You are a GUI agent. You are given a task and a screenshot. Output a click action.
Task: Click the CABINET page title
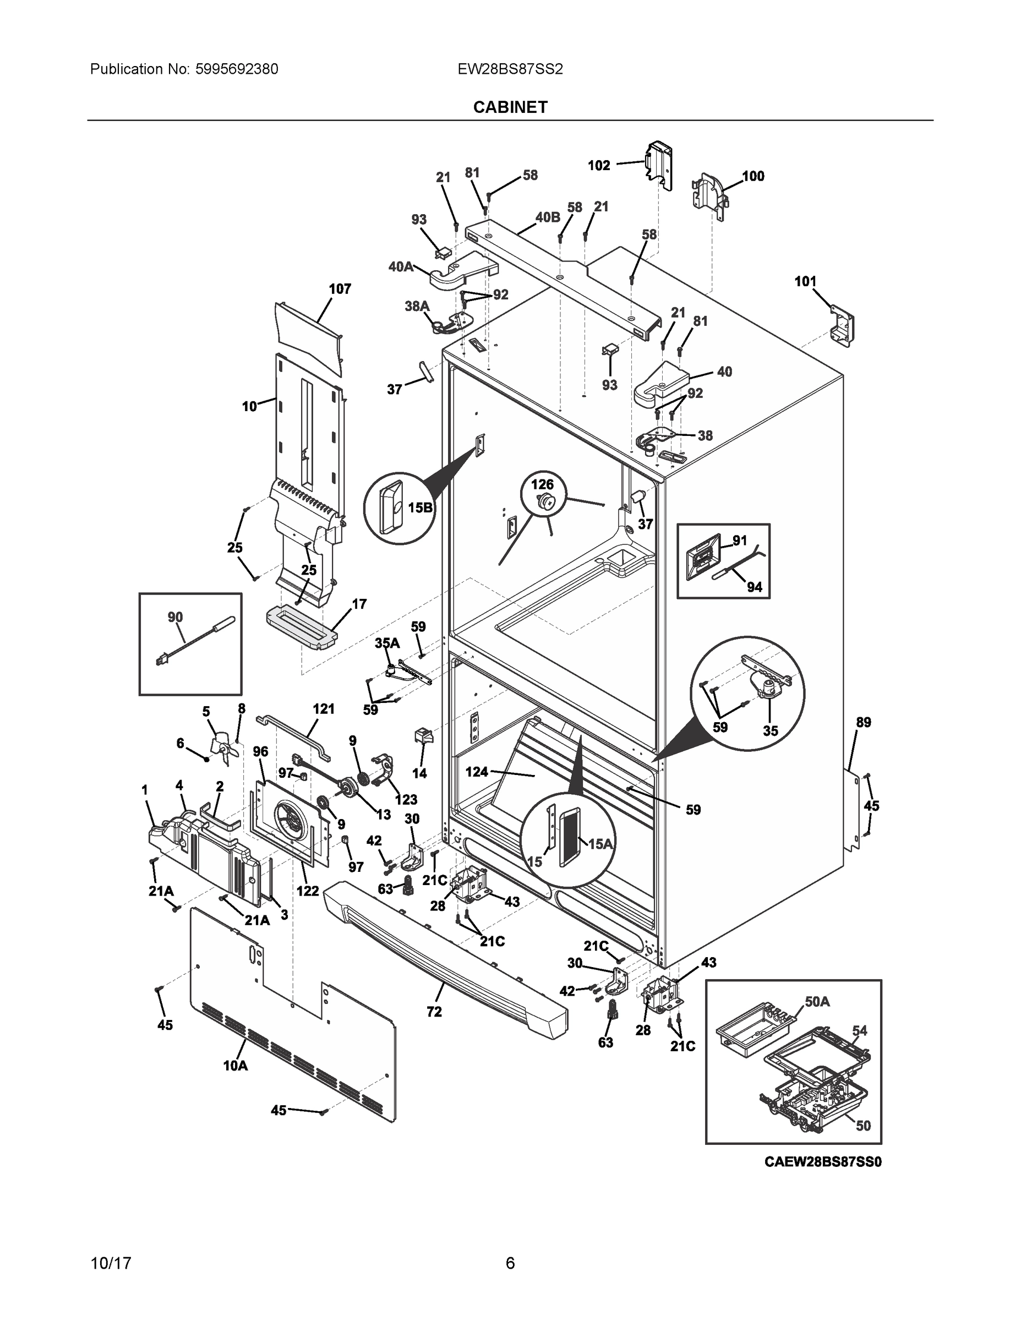click(510, 107)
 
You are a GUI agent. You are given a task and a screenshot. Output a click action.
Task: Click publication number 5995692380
click(237, 69)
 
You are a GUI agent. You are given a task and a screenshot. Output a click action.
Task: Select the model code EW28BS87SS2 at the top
click(510, 69)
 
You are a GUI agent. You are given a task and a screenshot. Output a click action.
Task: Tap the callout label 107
click(340, 289)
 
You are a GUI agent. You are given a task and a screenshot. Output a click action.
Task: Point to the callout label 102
click(599, 165)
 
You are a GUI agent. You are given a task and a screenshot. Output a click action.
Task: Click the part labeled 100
click(709, 195)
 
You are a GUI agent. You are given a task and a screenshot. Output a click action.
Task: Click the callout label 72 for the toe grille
click(434, 1012)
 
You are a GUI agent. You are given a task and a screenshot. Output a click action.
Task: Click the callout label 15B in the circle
click(420, 507)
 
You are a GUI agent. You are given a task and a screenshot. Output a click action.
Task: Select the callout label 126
click(542, 484)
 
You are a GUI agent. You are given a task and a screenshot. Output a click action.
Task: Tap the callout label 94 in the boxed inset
click(754, 587)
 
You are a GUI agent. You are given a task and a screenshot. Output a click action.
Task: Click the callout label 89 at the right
click(863, 722)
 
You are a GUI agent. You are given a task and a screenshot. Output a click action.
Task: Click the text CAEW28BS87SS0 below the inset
click(823, 1161)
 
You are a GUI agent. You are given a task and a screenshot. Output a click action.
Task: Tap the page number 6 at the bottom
click(510, 1264)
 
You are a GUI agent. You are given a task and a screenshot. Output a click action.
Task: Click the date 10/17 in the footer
click(111, 1264)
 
